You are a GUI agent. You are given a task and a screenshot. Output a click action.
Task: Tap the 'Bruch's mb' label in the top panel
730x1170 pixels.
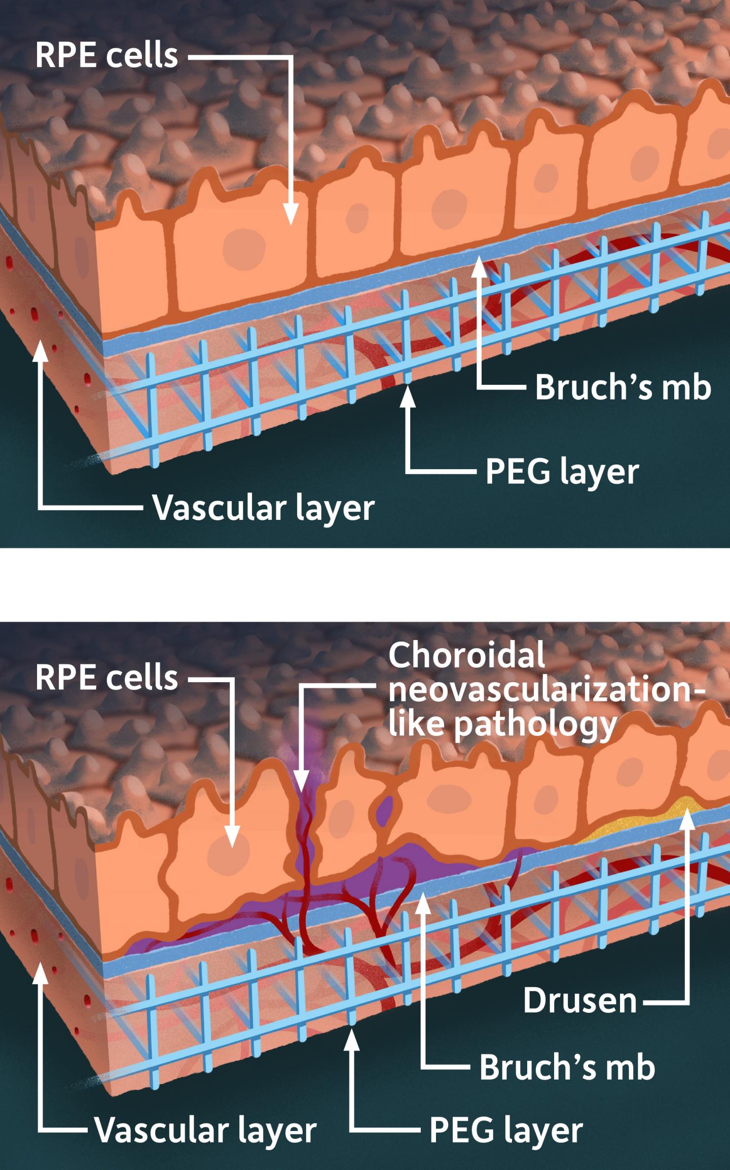[x=623, y=387]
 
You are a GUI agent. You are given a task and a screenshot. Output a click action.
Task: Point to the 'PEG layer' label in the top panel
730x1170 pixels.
[x=562, y=472]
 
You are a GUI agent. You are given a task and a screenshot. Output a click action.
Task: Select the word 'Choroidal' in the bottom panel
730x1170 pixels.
[x=467, y=655]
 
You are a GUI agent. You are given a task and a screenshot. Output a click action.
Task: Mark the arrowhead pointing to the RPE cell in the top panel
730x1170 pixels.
[x=290, y=215]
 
